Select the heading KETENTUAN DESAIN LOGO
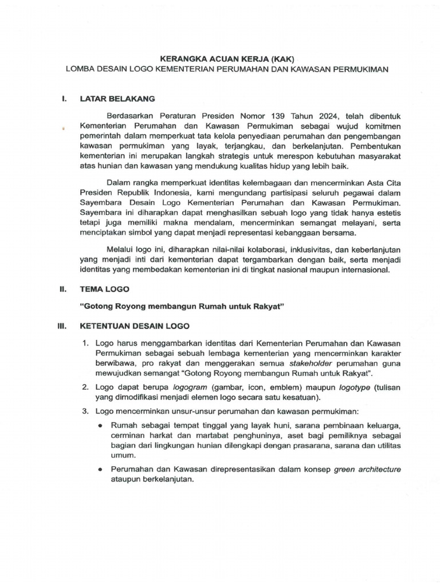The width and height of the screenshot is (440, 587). pyautogui.click(x=134, y=327)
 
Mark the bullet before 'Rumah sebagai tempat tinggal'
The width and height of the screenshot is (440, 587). pyautogui.click(x=100, y=426)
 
